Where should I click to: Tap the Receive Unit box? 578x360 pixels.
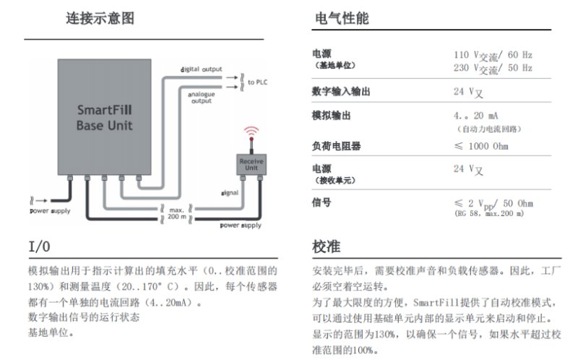[x=249, y=164]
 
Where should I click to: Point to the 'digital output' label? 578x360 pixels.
[x=202, y=69]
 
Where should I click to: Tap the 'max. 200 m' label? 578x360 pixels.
[x=176, y=213]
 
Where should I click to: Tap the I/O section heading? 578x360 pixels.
[x=40, y=247]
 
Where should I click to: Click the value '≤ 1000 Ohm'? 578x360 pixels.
[x=480, y=147]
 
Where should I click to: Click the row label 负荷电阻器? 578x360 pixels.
[x=336, y=147]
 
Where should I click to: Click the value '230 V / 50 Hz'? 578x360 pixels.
[x=493, y=69]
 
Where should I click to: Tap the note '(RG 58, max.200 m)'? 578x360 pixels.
[x=489, y=214]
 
